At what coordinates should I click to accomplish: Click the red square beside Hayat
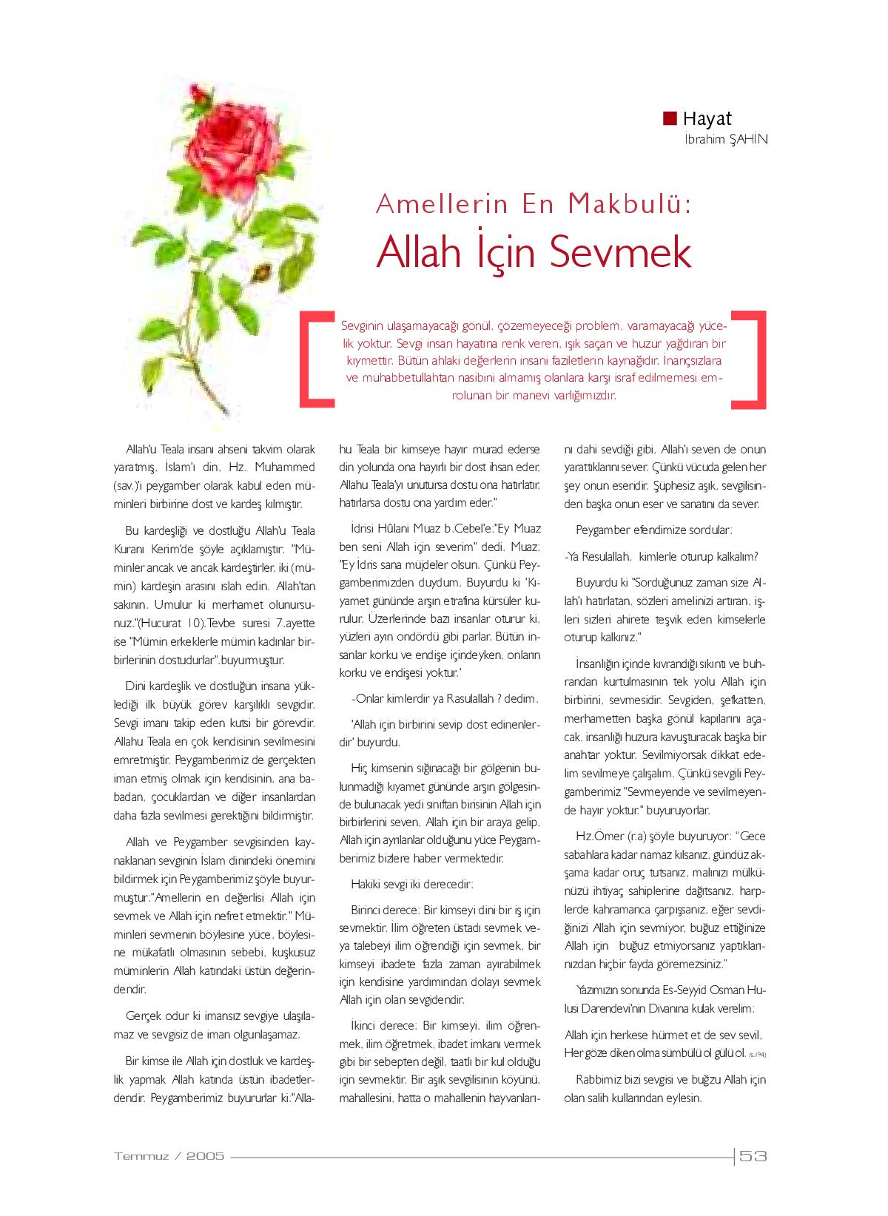click(670, 118)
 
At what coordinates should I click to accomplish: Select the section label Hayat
click(707, 118)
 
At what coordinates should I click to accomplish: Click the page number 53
click(753, 1156)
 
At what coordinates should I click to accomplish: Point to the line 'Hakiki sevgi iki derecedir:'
click(411, 884)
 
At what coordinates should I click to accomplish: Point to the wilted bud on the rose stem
click(261, 273)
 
